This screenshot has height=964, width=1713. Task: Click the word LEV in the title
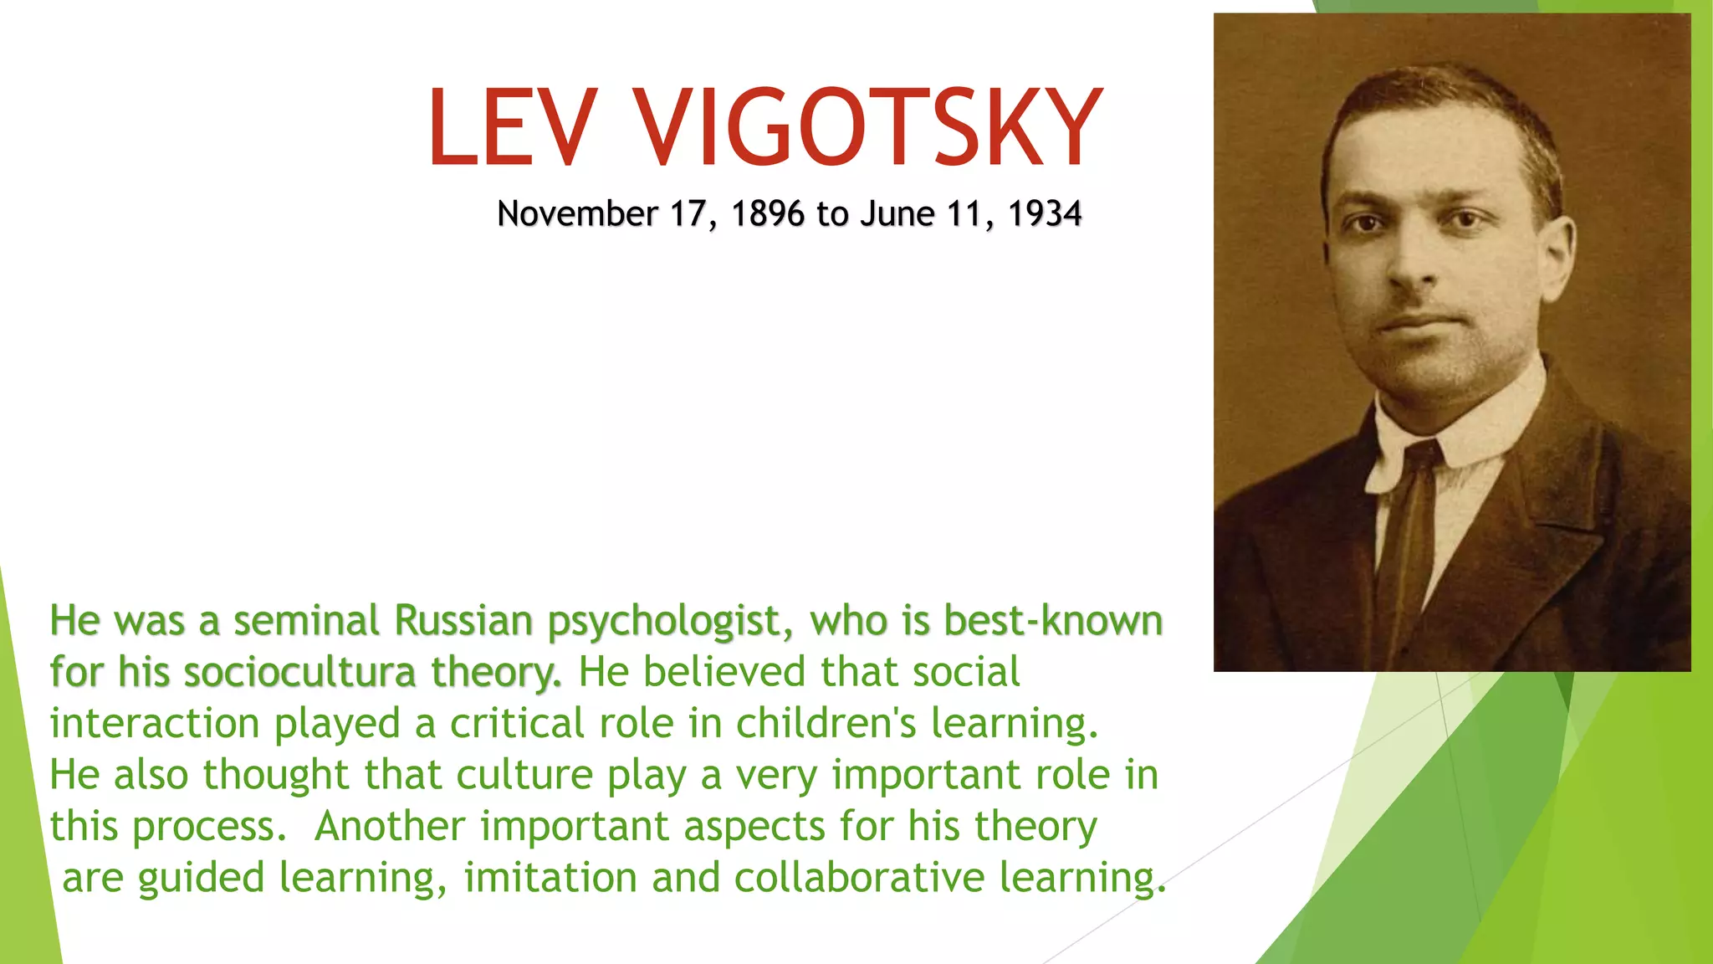click(512, 128)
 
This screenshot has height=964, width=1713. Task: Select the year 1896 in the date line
click(767, 214)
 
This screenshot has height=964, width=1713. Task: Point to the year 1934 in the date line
click(1044, 214)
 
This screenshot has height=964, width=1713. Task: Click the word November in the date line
click(577, 214)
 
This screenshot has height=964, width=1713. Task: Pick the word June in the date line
click(897, 214)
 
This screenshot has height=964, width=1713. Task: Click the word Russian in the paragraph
click(463, 621)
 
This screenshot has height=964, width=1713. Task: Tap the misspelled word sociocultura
click(299, 672)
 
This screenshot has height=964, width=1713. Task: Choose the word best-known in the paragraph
click(1053, 621)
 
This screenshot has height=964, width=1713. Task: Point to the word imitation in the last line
click(550, 878)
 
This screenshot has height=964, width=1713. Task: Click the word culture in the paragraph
click(524, 775)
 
